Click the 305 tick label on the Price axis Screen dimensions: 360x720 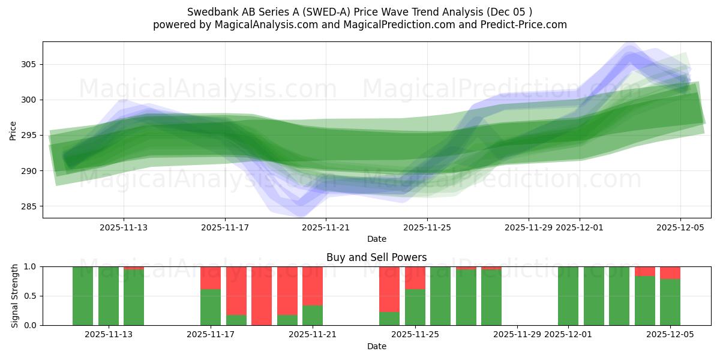(29, 64)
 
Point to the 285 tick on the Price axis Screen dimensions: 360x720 (29, 206)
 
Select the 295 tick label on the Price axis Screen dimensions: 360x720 (29, 136)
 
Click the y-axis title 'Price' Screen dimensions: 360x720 (13, 130)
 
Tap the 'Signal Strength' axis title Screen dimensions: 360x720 (15, 296)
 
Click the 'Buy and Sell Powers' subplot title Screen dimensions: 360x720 (376, 257)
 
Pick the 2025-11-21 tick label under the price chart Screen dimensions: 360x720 (326, 227)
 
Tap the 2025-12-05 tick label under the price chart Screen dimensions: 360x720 (680, 227)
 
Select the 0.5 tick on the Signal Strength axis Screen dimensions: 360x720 (29, 296)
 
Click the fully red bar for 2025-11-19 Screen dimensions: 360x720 (262, 296)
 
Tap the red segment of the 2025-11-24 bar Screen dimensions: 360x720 (389, 289)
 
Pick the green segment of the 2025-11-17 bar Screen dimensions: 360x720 (211, 307)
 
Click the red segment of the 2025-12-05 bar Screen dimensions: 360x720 (670, 273)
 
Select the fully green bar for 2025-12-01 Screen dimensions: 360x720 (568, 296)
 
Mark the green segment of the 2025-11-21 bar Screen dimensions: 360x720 (313, 316)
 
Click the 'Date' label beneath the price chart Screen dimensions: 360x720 (376, 239)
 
